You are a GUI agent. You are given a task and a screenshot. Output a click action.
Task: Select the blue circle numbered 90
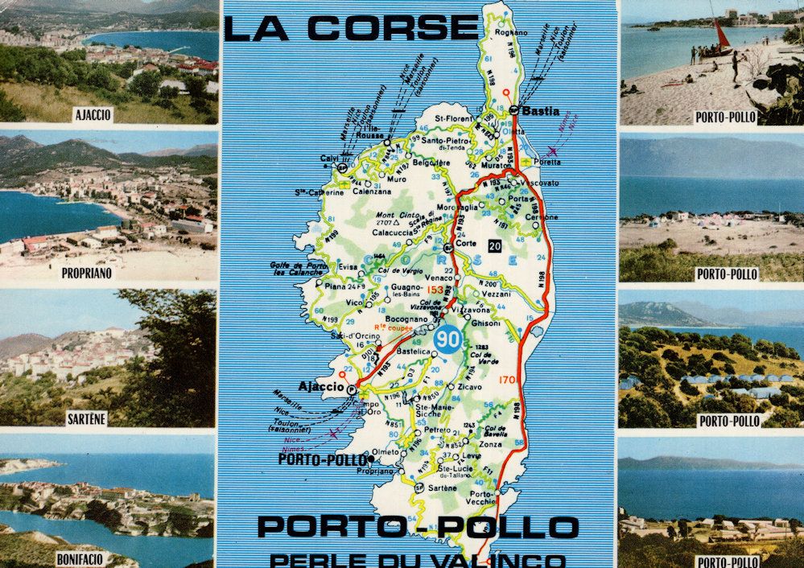point(446,339)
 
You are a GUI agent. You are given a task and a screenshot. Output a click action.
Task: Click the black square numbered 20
point(494,245)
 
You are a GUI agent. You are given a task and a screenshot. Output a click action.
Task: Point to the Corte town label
point(466,242)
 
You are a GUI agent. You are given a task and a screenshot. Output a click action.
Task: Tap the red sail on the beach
point(722,34)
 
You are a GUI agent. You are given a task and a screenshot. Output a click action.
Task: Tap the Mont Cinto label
point(394,216)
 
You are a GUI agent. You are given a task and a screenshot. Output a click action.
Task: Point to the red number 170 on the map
point(507,379)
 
